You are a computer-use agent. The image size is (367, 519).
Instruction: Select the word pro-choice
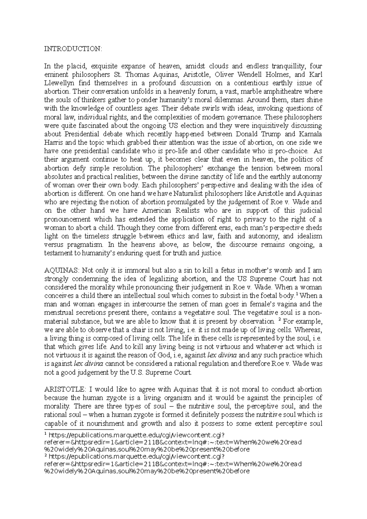click(293, 151)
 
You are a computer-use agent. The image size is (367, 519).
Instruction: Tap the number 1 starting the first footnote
click(46, 434)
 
